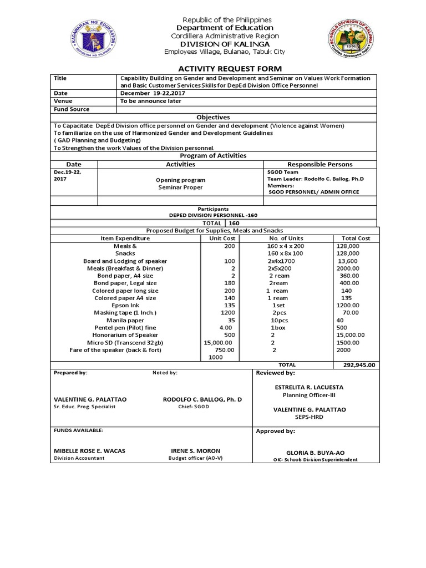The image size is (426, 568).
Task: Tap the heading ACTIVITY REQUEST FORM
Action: pos(221,68)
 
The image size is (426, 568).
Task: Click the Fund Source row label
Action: pos(72,109)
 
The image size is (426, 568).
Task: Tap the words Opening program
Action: pos(180,180)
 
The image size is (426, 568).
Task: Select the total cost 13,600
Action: pos(348,261)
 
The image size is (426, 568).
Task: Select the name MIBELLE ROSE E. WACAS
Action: pos(89,450)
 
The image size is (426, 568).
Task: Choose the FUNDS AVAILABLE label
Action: pos(78,430)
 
